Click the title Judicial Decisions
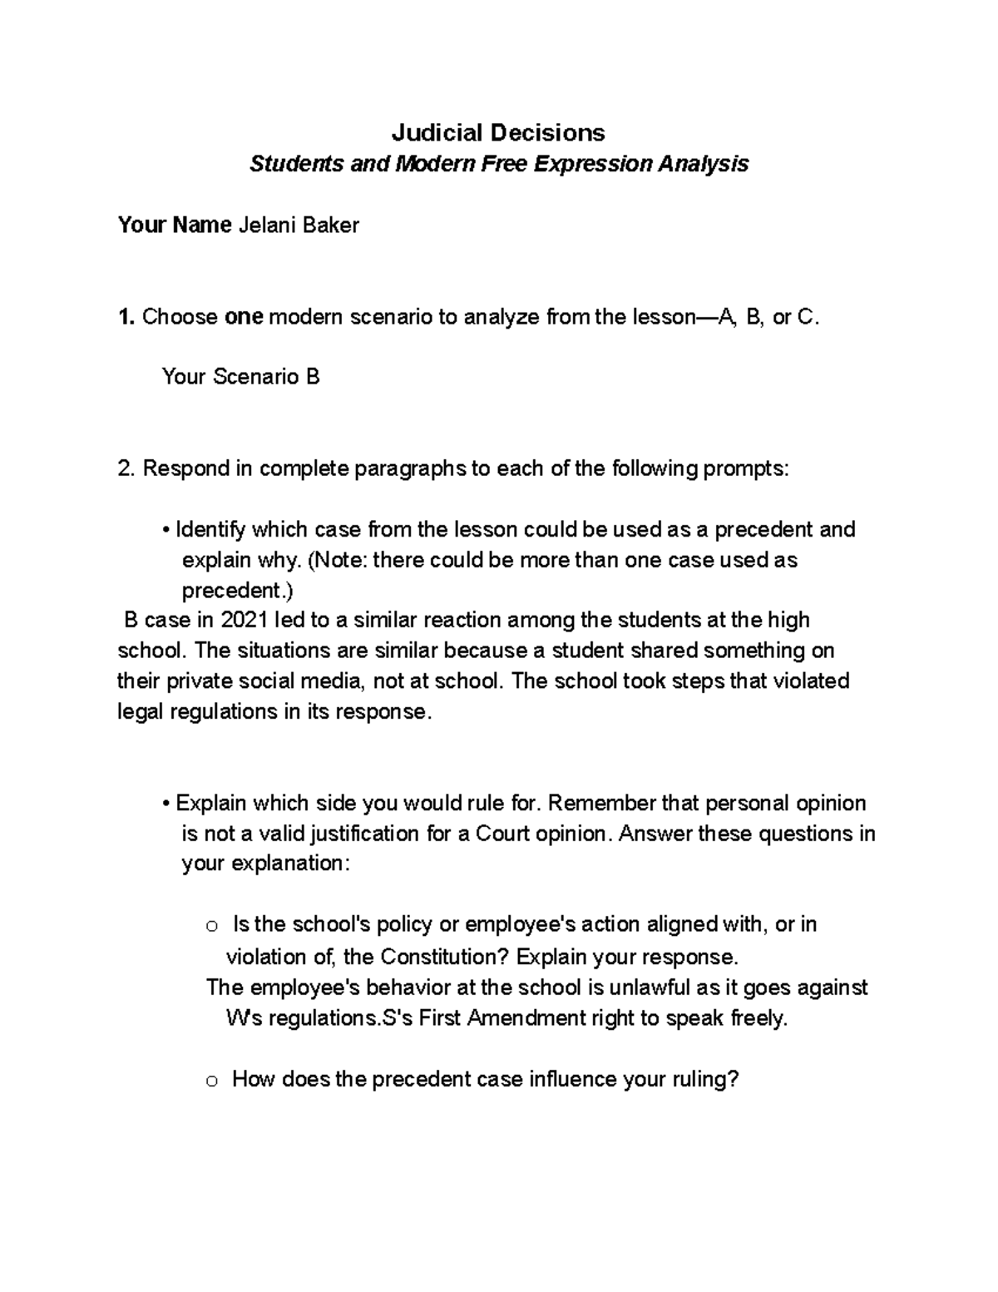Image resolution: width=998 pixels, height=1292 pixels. point(498,132)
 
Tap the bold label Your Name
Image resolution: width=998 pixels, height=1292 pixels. point(174,225)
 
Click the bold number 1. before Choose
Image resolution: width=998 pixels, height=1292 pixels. point(126,317)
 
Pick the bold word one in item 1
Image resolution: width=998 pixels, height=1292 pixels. point(244,317)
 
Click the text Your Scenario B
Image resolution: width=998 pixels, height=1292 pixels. point(241,377)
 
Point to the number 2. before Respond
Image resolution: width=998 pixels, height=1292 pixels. point(126,468)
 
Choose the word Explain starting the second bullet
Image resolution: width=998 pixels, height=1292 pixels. point(211,803)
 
